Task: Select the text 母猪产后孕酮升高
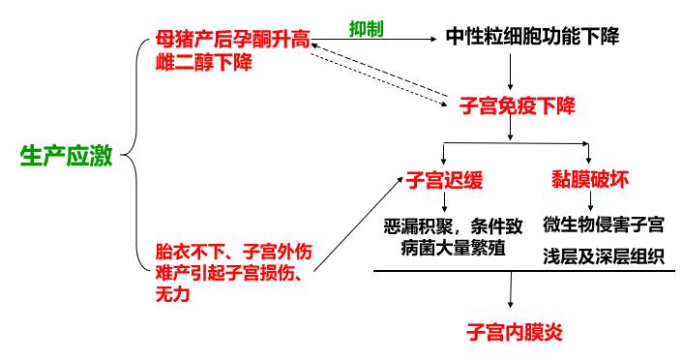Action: [232, 42]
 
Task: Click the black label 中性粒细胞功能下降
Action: [532, 38]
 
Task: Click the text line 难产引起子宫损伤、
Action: [233, 273]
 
